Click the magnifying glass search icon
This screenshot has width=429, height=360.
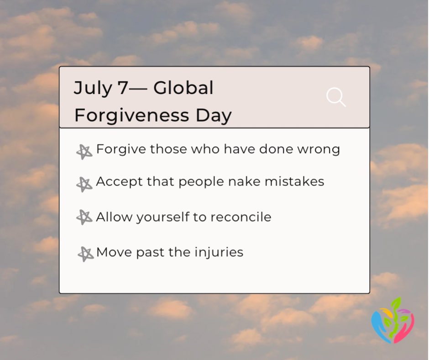335,97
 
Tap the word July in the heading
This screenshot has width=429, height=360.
92,88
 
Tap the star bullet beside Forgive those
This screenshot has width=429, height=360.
84,152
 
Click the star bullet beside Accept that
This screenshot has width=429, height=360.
84,184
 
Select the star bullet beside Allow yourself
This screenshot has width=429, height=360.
84,217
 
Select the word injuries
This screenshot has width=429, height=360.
220,253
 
